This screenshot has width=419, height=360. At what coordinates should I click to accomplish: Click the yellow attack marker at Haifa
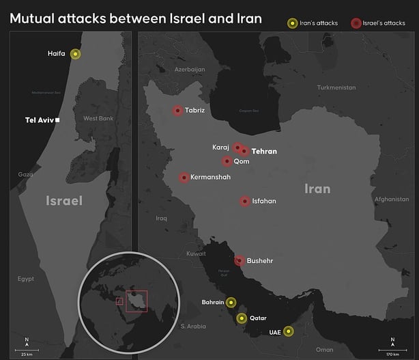click(74, 54)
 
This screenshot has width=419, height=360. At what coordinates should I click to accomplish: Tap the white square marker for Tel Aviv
click(57, 120)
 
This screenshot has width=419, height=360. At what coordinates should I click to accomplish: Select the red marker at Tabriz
click(177, 110)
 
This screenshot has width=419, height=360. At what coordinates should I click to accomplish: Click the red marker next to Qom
click(227, 161)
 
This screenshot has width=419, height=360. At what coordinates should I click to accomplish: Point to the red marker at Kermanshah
click(184, 178)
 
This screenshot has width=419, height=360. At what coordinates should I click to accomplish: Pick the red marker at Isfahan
click(245, 202)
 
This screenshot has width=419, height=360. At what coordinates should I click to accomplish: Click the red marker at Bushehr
click(240, 260)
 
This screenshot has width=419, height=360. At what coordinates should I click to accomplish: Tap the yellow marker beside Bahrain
click(231, 302)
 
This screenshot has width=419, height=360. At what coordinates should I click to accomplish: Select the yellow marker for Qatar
click(241, 318)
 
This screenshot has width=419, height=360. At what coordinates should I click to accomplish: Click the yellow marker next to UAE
click(289, 331)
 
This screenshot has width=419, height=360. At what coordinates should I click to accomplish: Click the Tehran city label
click(264, 151)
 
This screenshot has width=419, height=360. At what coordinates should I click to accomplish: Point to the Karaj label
click(220, 147)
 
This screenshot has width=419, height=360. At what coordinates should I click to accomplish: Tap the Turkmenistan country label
click(336, 87)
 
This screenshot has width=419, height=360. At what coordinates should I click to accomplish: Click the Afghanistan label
click(390, 199)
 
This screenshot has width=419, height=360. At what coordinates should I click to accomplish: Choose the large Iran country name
click(317, 189)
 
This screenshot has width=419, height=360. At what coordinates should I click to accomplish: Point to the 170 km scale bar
click(392, 349)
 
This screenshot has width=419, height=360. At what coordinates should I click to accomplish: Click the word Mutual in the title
click(35, 18)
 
